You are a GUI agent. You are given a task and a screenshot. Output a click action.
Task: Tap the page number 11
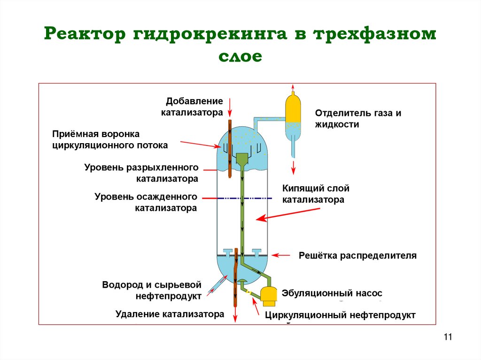click(x=447, y=337)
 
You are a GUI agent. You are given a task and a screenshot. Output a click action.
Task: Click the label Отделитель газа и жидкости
click(x=358, y=119)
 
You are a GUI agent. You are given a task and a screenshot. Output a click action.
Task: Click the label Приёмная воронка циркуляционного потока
click(x=110, y=139)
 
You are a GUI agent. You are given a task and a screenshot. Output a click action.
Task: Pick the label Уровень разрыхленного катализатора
click(x=141, y=173)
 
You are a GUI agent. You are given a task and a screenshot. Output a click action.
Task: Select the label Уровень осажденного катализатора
click(x=146, y=202)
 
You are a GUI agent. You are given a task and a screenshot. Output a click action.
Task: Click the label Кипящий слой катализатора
click(x=316, y=194)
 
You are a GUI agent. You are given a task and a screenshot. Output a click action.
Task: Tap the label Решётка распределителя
click(x=357, y=256)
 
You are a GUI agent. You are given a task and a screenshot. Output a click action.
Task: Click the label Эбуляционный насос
click(x=332, y=293)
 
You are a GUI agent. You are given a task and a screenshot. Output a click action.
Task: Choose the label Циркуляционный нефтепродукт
click(x=340, y=315)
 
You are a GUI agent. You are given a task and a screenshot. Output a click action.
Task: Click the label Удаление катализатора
click(x=170, y=314)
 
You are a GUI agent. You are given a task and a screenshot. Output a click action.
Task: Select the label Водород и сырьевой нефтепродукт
click(x=152, y=290)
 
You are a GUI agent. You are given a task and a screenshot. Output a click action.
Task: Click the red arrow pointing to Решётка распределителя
click(x=282, y=256)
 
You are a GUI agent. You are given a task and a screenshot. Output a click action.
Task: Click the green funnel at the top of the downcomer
click(x=242, y=159)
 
